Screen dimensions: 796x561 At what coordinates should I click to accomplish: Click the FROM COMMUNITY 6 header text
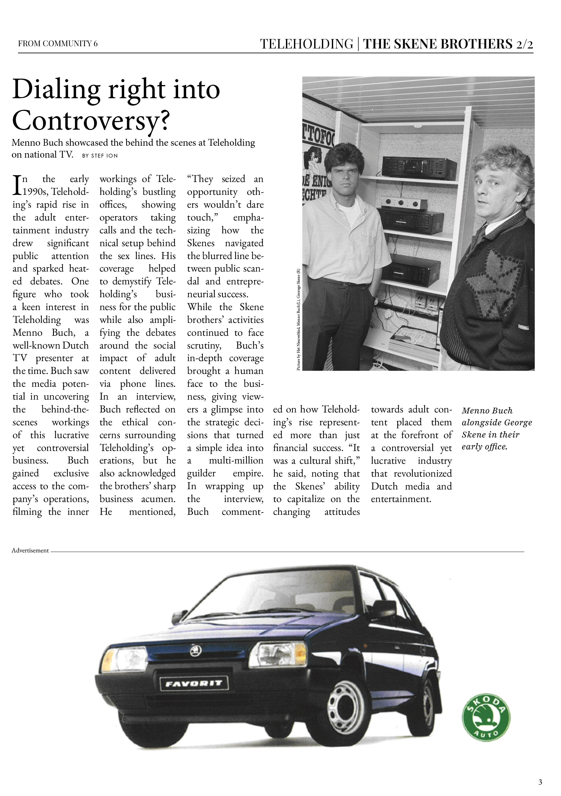[58, 44]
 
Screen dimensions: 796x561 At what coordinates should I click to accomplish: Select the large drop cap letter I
[16, 186]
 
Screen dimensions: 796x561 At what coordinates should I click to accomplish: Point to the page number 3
[540, 782]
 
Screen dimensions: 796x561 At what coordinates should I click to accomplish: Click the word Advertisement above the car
[30, 550]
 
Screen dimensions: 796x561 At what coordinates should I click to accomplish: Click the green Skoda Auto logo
[486, 718]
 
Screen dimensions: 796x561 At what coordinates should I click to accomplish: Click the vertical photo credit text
[298, 319]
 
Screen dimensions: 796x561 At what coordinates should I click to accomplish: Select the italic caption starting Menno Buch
[496, 428]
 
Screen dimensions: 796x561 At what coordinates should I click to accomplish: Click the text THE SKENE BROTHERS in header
[437, 44]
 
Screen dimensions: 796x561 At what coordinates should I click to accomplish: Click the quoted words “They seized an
[225, 179]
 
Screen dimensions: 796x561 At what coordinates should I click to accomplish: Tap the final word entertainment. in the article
[401, 499]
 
